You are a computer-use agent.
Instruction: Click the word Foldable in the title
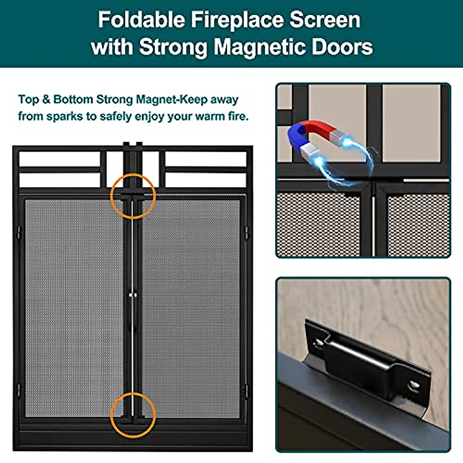click(x=141, y=20)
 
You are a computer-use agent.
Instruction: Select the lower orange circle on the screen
click(x=133, y=415)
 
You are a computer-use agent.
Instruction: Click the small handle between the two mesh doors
click(x=133, y=295)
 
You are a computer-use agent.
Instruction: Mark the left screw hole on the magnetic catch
click(x=319, y=342)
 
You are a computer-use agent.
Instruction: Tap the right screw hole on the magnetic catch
click(x=413, y=385)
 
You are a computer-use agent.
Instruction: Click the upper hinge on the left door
click(x=18, y=232)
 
